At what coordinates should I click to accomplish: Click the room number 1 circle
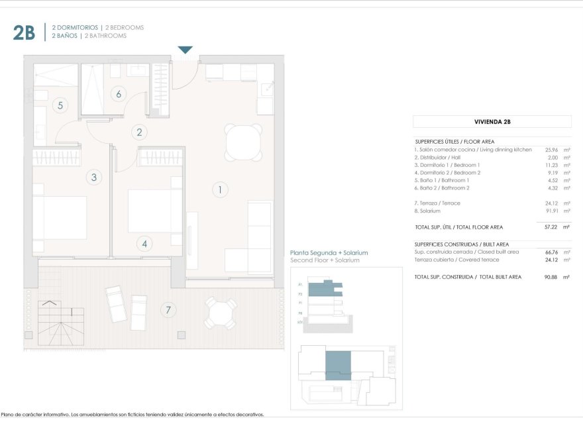[x=220, y=190]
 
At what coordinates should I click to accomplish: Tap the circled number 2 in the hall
[x=139, y=132]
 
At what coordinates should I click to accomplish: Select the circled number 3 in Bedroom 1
[x=94, y=177]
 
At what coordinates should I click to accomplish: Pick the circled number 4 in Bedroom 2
[x=145, y=244]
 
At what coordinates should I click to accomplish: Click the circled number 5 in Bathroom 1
[x=60, y=105]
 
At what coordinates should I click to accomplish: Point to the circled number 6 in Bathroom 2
[x=119, y=93]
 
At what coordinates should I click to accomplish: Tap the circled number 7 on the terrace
[x=168, y=309]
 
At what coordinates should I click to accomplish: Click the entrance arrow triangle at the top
[x=185, y=50]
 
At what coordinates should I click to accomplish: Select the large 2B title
[x=24, y=32]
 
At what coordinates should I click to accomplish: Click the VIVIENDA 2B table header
[x=492, y=122]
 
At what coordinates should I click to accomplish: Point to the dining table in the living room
[x=243, y=142]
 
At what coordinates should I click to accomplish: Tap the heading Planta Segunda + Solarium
[x=329, y=253]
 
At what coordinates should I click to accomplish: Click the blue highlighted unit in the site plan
[x=338, y=365]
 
